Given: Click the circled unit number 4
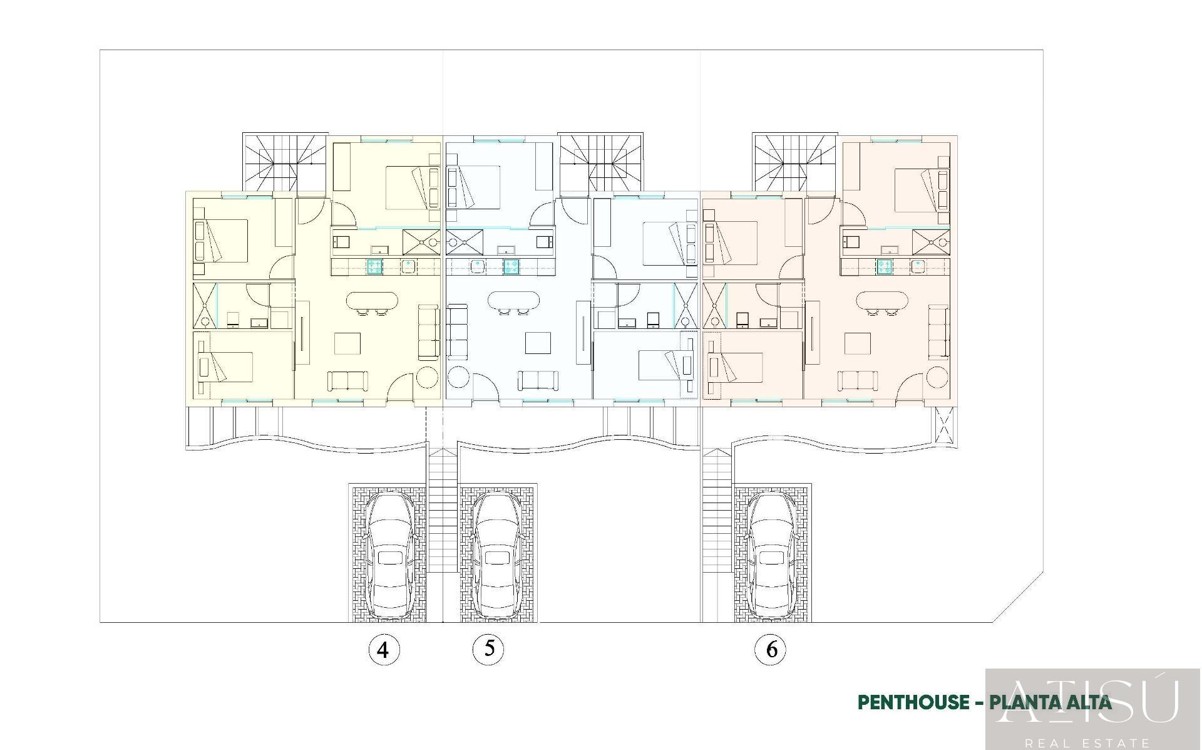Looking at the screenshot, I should point(383,650).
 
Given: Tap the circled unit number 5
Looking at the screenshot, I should point(488,648).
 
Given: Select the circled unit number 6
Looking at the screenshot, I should point(771,650).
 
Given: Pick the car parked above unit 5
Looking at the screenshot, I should point(496,554).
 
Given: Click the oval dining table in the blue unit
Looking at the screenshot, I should point(513,301).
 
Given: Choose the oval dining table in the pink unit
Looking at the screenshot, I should point(882,301).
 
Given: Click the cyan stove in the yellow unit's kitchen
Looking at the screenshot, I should point(374,266).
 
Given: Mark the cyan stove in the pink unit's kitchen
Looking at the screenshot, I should point(884,266).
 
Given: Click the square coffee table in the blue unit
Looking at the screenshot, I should point(538,343).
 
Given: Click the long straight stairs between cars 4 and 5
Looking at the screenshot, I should point(443,511).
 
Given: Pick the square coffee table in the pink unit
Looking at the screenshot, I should point(857,343).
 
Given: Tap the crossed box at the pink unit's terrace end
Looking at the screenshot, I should point(944,425).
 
